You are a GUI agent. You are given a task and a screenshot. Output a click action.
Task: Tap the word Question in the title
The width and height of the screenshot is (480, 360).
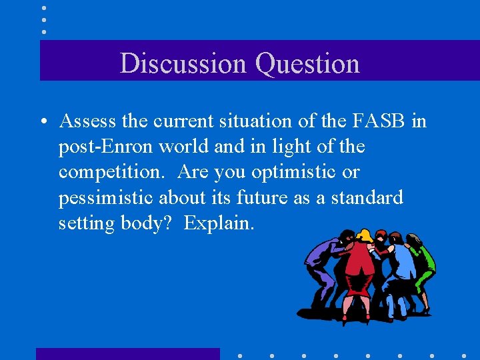pos(307,64)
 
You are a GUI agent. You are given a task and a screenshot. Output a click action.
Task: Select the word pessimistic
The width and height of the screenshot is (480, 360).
pos(105,197)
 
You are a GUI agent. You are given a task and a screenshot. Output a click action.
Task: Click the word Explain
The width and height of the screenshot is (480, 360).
pos(219,223)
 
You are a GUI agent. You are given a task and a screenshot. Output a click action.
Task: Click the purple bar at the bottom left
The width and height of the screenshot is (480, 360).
pos(127,353)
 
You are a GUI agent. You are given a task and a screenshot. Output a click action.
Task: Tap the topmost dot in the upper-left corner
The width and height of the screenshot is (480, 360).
pos(43,8)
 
